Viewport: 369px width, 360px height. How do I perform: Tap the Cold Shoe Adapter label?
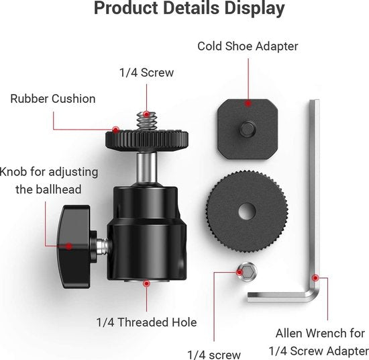(x=247, y=47)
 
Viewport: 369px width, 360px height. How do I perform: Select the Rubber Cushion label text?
(x=53, y=99)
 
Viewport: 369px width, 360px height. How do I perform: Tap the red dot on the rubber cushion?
(x=115, y=130)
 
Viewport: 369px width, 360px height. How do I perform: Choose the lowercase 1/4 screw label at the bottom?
(x=214, y=353)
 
